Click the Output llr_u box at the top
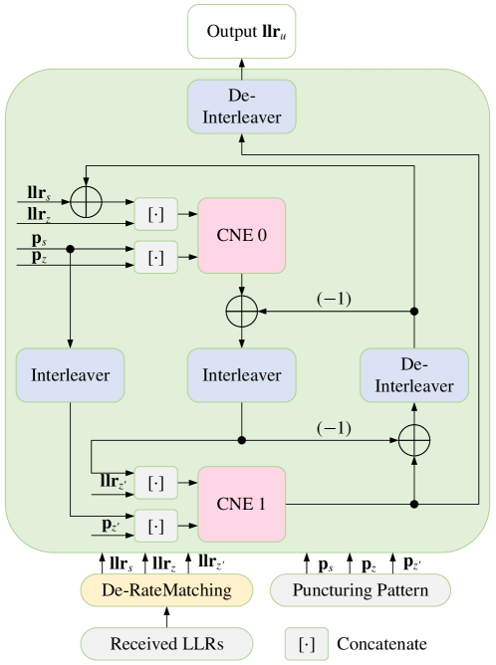pyautogui.click(x=243, y=32)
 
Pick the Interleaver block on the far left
pyautogui.click(x=69, y=376)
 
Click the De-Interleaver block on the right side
pyautogui.click(x=413, y=376)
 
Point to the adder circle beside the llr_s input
pyautogui.click(x=89, y=199)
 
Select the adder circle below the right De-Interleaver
pyautogui.click(x=413, y=439)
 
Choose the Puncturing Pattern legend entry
pyautogui.click(x=360, y=590)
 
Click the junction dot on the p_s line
pyautogui.click(x=69, y=250)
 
